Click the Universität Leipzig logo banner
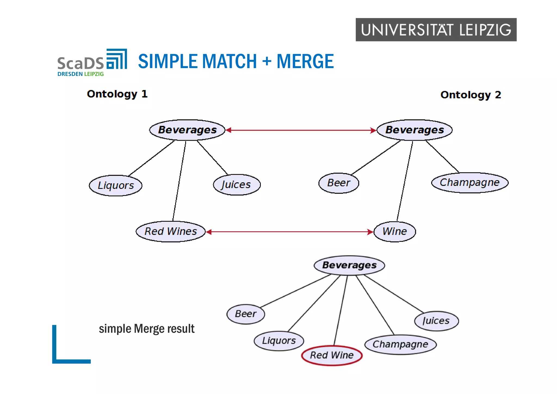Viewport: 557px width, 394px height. [436, 30]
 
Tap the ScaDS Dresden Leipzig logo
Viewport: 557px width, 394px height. [92, 63]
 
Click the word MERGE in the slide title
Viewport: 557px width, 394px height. [305, 61]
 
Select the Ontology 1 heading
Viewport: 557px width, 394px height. [117, 94]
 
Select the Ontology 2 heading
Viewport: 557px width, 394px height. [471, 95]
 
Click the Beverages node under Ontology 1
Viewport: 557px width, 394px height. [187, 130]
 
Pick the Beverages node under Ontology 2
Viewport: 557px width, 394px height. [414, 130]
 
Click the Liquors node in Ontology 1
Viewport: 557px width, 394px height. [116, 186]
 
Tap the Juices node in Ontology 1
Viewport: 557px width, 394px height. [237, 185]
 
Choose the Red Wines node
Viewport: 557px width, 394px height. [171, 232]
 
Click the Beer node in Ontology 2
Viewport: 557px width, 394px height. [339, 183]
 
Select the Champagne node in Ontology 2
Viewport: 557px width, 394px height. [470, 183]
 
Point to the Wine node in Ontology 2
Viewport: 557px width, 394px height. [395, 232]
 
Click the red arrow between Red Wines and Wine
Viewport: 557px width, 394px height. [290, 232]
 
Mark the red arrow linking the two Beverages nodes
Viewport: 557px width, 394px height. [301, 130]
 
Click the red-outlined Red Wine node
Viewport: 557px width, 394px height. [332, 355]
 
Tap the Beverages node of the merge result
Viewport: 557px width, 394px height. [349, 265]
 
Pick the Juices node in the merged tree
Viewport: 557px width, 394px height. [436, 321]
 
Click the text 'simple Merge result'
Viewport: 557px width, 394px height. [147, 329]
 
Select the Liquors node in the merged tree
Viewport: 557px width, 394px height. [279, 341]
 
